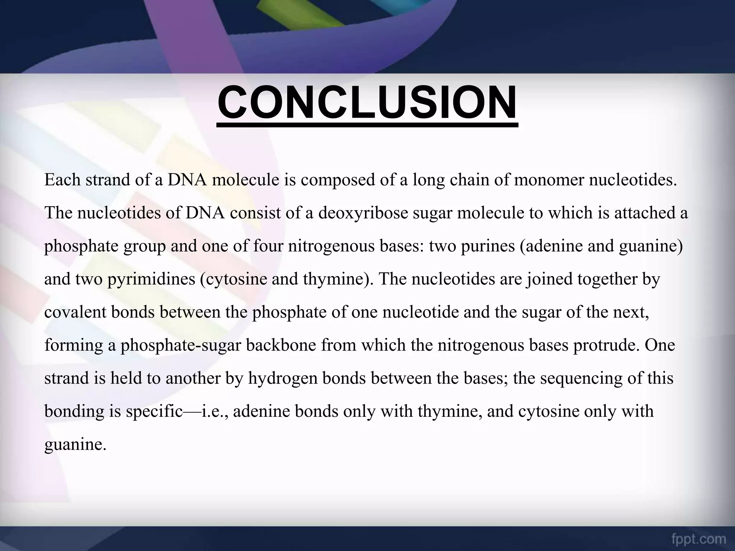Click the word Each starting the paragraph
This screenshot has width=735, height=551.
(x=62, y=180)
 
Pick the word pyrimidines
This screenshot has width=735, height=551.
(x=151, y=279)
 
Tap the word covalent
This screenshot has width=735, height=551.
(x=75, y=312)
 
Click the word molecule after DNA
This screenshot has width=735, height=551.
(x=245, y=180)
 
